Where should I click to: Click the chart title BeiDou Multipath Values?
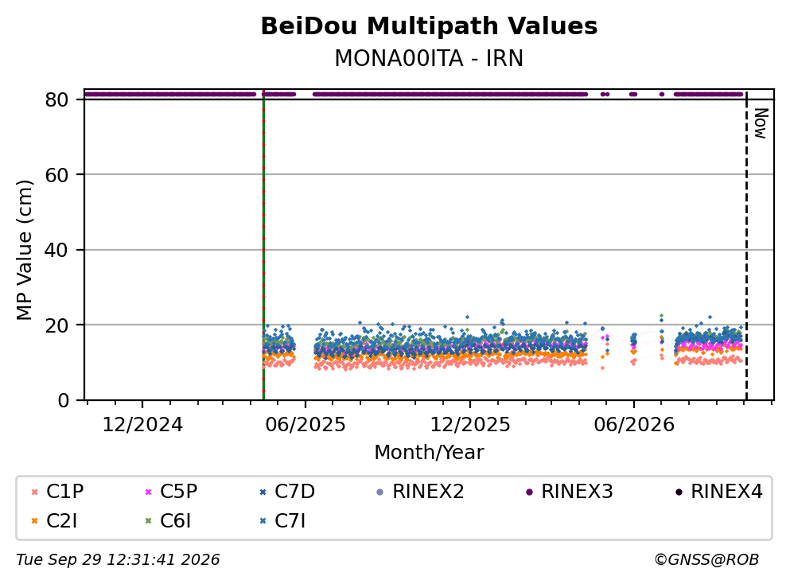(429, 26)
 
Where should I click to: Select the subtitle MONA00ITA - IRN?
(429, 58)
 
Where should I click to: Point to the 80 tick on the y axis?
(56, 99)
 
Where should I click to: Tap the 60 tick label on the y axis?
(56, 175)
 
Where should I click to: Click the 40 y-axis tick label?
(56, 250)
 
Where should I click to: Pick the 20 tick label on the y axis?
(56, 325)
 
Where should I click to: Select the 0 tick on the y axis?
(63, 400)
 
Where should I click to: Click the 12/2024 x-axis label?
(142, 425)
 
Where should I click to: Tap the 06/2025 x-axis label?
(305, 425)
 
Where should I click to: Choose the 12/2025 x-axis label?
(470, 425)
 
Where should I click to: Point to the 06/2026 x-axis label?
(634, 425)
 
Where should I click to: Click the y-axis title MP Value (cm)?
(24, 250)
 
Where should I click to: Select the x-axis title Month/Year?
(429, 453)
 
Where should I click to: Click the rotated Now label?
(761, 123)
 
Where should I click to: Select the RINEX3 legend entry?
(570, 491)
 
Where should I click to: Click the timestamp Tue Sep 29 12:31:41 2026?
(118, 560)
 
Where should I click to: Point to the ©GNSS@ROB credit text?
(706, 560)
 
